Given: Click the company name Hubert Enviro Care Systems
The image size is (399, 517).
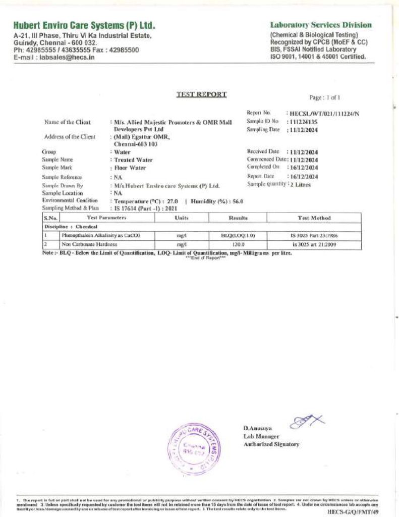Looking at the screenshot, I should (x=84, y=25).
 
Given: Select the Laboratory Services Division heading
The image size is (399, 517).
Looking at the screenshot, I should (x=321, y=25).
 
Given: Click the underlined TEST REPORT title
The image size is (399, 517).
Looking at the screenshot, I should (x=201, y=94).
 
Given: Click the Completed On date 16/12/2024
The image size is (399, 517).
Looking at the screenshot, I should (x=304, y=167).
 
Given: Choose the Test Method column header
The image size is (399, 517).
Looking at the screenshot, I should (x=314, y=218).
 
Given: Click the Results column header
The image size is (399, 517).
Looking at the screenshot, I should (x=238, y=218).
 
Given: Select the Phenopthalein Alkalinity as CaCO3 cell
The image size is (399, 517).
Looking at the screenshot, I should (x=94, y=235).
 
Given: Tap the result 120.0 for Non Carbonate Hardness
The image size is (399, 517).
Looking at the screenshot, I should (x=238, y=244).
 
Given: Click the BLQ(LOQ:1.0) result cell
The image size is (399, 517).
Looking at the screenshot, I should (x=238, y=235).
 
